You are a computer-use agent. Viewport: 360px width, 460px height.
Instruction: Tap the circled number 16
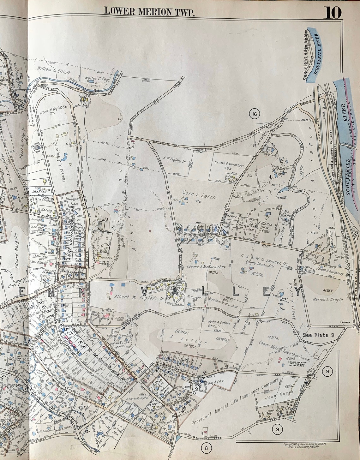coord(254,114)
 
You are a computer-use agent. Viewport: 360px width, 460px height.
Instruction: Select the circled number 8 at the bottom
coord(206,447)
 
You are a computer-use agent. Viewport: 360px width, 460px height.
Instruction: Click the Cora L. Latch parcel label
coord(199,195)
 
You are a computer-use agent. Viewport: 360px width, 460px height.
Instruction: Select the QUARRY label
coord(345,322)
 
